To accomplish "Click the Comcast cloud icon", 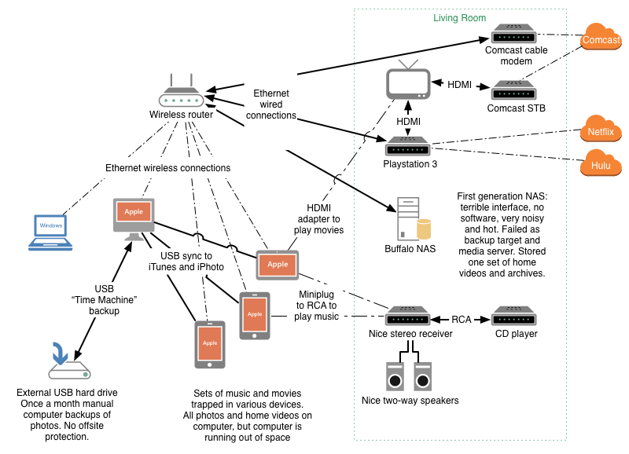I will [x=601, y=38].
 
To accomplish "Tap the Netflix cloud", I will [x=601, y=132].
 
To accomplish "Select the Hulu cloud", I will [x=601, y=167].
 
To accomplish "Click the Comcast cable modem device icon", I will [x=514, y=35].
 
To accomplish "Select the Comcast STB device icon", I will [x=514, y=90].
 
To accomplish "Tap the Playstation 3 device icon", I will [x=407, y=146].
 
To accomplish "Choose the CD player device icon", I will [x=514, y=318].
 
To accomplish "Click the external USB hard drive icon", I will [x=69, y=362].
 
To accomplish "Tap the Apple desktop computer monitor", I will [x=134, y=217].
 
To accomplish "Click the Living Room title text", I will [x=460, y=17].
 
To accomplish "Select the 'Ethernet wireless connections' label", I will [x=168, y=167].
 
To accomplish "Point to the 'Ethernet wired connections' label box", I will [x=270, y=104].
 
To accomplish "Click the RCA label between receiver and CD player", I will [x=462, y=319].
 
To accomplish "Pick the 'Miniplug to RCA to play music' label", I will [x=318, y=305].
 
